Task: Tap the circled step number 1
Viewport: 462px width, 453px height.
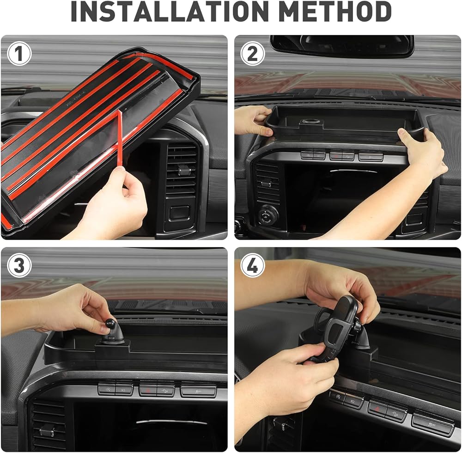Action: point(19,54)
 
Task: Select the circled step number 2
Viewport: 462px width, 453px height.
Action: point(253,54)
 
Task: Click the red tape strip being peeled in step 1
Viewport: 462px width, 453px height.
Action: point(120,139)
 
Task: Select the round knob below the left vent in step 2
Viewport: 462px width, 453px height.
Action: point(268,215)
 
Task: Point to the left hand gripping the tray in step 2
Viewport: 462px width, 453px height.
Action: point(253,120)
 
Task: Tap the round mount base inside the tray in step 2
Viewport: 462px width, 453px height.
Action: point(310,122)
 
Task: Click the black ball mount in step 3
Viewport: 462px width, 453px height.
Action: point(110,323)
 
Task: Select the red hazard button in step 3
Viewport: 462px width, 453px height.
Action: point(148,390)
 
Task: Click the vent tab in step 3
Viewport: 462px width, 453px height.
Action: point(47,431)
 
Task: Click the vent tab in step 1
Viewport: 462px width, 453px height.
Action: point(183,169)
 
